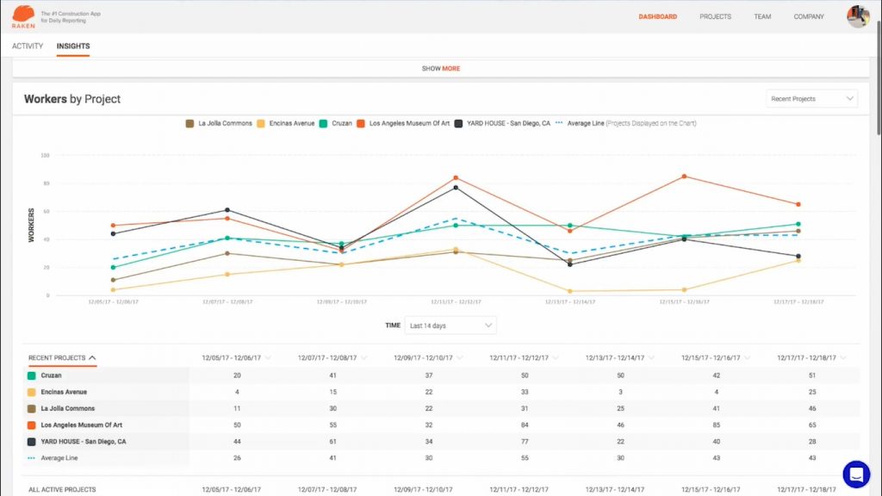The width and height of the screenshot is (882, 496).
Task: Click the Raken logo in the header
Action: tap(23, 15)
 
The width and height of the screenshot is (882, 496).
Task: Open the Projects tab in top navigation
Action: tap(715, 16)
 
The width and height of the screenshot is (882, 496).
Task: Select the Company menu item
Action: tap(809, 16)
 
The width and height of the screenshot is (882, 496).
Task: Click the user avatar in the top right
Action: tap(858, 16)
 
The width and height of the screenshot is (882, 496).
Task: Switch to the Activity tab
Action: tap(28, 46)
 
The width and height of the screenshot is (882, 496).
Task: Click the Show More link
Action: tap(441, 69)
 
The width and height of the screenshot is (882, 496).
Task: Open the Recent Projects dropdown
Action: tap(811, 99)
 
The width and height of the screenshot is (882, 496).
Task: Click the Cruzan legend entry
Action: tap(337, 124)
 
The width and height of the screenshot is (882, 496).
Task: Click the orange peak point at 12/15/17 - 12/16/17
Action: tap(684, 177)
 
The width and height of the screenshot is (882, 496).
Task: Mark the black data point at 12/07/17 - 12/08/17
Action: tap(227, 210)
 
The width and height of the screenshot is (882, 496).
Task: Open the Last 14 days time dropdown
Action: tap(450, 325)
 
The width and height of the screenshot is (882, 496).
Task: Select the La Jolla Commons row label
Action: tap(68, 408)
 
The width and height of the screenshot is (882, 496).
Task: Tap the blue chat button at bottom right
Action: tap(856, 474)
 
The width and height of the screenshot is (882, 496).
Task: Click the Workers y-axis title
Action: tap(32, 225)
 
